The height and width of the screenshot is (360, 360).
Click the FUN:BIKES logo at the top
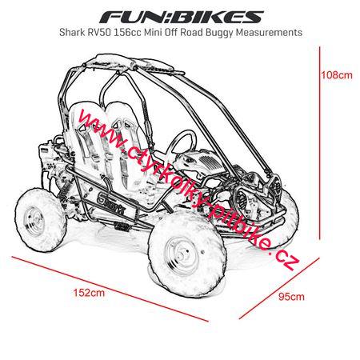(182, 17)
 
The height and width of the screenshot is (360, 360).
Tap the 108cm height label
(336, 75)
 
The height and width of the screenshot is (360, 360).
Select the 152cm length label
(89, 293)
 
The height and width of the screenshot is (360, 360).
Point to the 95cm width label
(291, 297)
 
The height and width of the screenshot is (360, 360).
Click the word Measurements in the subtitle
(270, 32)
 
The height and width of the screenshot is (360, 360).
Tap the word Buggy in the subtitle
(220, 33)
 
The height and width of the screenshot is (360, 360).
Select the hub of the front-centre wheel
(182, 254)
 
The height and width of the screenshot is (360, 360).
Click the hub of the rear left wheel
(34, 221)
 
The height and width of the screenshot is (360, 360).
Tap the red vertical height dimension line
(319, 143)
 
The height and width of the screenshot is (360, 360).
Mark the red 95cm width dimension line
(279, 288)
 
